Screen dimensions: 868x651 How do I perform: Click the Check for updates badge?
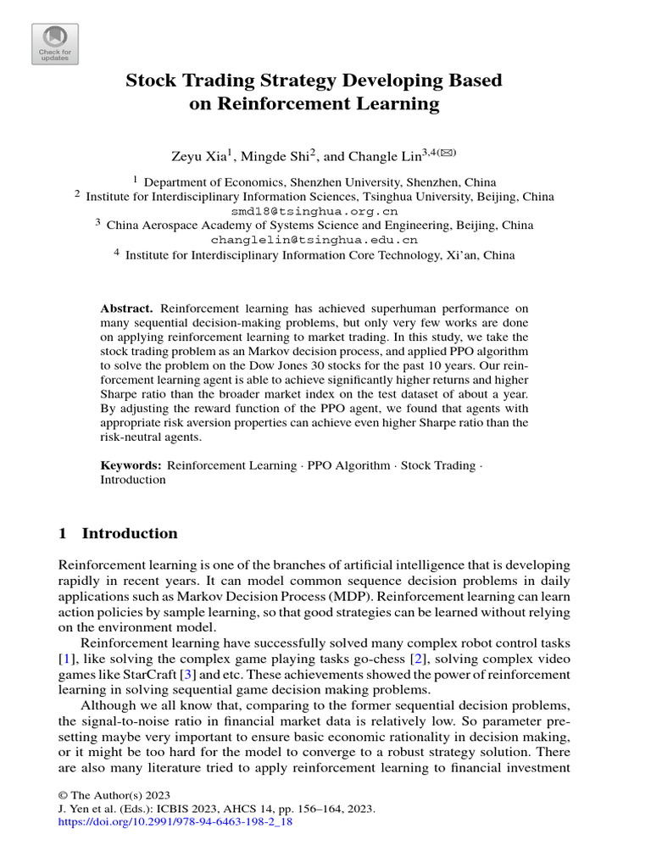coord(55,43)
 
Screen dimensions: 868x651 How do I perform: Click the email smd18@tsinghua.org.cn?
coord(314,211)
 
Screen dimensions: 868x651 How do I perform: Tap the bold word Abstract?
coord(127,309)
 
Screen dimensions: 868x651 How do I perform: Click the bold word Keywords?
coord(131,465)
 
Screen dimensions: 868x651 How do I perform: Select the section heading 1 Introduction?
coord(118,534)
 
